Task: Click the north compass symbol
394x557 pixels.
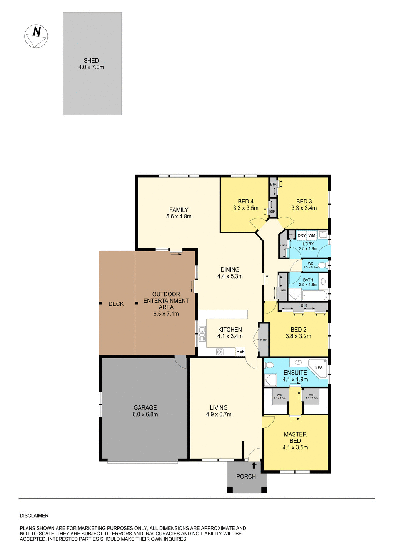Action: click(x=36, y=36)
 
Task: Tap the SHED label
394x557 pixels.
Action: click(x=91, y=61)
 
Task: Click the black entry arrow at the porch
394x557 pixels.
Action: click(x=254, y=465)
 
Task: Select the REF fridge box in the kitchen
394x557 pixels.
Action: click(x=240, y=352)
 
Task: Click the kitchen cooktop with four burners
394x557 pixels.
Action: click(x=220, y=352)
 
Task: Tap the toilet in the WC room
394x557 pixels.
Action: click(x=322, y=265)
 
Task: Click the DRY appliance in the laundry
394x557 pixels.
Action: click(x=302, y=235)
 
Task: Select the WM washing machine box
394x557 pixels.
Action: click(x=312, y=235)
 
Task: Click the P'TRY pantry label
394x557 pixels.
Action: click(x=264, y=340)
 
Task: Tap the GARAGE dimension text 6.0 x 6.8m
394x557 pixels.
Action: click(x=145, y=414)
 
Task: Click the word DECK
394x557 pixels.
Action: click(x=116, y=304)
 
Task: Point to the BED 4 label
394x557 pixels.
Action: click(x=245, y=202)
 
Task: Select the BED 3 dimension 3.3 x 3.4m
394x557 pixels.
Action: click(x=304, y=208)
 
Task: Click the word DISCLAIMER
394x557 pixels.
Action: click(x=34, y=516)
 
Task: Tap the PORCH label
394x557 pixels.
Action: click(x=246, y=477)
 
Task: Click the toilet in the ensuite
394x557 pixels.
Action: click(x=269, y=365)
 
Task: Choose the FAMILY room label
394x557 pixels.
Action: click(x=179, y=210)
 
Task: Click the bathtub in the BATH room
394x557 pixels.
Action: click(x=315, y=295)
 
